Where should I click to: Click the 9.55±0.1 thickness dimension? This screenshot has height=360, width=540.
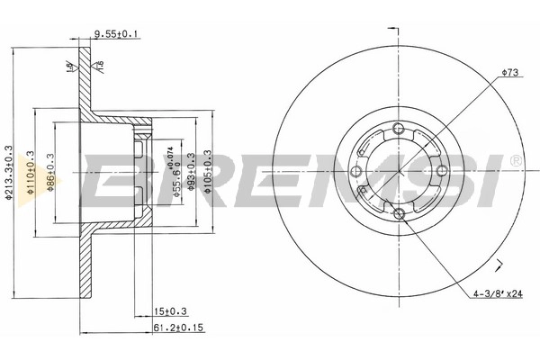(116, 35)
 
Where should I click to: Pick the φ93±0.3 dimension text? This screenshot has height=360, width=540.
(193, 170)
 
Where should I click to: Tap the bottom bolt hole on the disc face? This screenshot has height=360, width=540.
(398, 213)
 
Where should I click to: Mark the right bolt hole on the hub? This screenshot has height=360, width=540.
(441, 170)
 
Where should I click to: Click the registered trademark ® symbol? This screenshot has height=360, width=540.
(515, 159)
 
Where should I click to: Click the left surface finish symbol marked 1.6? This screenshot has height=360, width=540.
(72, 68)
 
